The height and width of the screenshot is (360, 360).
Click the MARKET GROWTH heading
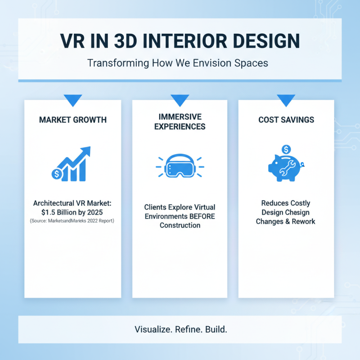tap(73, 120)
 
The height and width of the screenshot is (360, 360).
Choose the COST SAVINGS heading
tap(286, 120)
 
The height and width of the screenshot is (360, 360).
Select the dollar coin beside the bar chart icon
tap(57, 173)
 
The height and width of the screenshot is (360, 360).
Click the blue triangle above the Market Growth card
tap(73, 99)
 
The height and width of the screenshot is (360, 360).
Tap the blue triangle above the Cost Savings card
tap(286, 99)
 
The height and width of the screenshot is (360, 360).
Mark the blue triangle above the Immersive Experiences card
tap(180, 99)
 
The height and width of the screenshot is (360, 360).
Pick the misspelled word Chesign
tap(297, 212)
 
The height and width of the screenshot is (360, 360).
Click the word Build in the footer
tap(216, 329)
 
